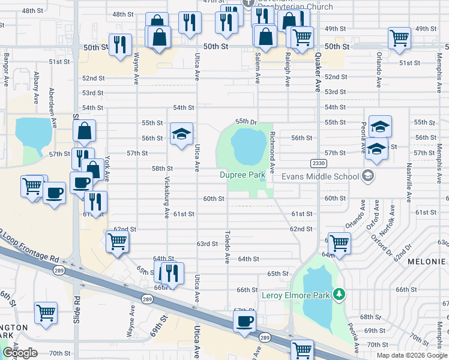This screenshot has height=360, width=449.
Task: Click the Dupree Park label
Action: [x=242, y=175]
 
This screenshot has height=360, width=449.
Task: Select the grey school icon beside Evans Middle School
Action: [x=368, y=176]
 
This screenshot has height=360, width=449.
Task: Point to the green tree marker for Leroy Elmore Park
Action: [x=340, y=294]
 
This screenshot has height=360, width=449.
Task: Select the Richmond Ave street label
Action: [x=272, y=152]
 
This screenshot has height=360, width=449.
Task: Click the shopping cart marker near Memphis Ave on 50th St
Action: [x=399, y=38]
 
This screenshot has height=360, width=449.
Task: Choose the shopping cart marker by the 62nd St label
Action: [x=117, y=241]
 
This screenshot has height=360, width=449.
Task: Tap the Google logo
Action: [x=20, y=352]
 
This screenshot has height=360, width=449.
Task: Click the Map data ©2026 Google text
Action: [x=412, y=355]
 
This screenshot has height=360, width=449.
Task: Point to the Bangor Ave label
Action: [x=6, y=71]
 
